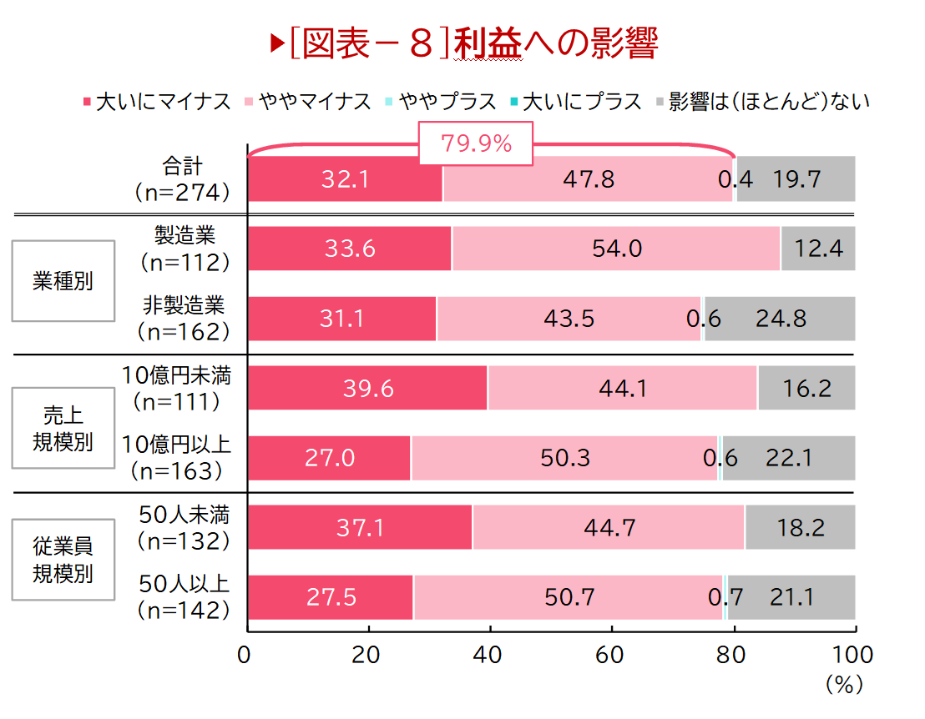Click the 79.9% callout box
pos(476,143)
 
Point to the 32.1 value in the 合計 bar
pos(346,178)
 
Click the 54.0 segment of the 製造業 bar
pos(616,248)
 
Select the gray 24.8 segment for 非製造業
pos(780,318)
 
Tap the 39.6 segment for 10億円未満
pos(367,387)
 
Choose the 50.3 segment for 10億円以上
pos(564,457)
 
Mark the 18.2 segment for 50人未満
pos(800,526)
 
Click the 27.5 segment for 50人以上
pos(331,596)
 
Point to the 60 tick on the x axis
pos(612,655)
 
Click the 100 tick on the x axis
pos(853,655)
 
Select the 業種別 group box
pos(63,281)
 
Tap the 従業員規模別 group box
pos(63,560)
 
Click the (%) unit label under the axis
pos(842,685)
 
